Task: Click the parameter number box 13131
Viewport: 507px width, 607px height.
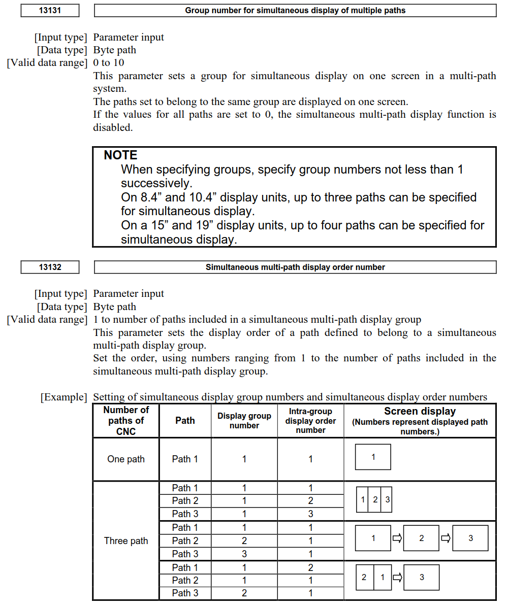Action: (x=50, y=10)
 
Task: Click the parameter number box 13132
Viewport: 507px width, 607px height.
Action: (x=50, y=267)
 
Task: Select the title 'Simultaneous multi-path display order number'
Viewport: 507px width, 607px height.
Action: (x=295, y=267)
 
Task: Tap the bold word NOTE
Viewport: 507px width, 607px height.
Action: (x=120, y=155)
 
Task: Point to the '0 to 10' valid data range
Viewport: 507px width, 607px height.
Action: (x=109, y=63)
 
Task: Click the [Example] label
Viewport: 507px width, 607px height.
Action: (x=64, y=397)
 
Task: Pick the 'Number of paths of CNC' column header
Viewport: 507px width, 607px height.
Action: (x=126, y=420)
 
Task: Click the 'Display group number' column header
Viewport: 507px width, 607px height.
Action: (x=244, y=420)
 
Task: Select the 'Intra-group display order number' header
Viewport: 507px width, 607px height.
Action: (x=310, y=420)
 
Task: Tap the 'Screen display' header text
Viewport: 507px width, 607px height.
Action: (x=420, y=412)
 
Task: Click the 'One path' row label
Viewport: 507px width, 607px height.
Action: (x=126, y=459)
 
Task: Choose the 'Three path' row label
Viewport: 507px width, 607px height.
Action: (x=126, y=541)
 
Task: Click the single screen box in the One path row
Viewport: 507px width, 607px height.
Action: (x=373, y=457)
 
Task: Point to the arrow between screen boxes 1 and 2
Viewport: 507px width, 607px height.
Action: (x=397, y=538)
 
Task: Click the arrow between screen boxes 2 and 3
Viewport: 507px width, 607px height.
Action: (x=446, y=538)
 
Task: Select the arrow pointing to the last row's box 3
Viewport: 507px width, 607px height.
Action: (x=397, y=577)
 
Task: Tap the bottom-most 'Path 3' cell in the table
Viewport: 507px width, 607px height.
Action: (x=185, y=593)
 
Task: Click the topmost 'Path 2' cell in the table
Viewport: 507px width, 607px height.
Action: (x=185, y=500)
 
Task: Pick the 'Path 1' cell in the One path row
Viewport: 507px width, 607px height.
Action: (x=185, y=459)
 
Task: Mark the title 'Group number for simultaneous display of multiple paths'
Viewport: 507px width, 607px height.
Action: (x=295, y=10)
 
